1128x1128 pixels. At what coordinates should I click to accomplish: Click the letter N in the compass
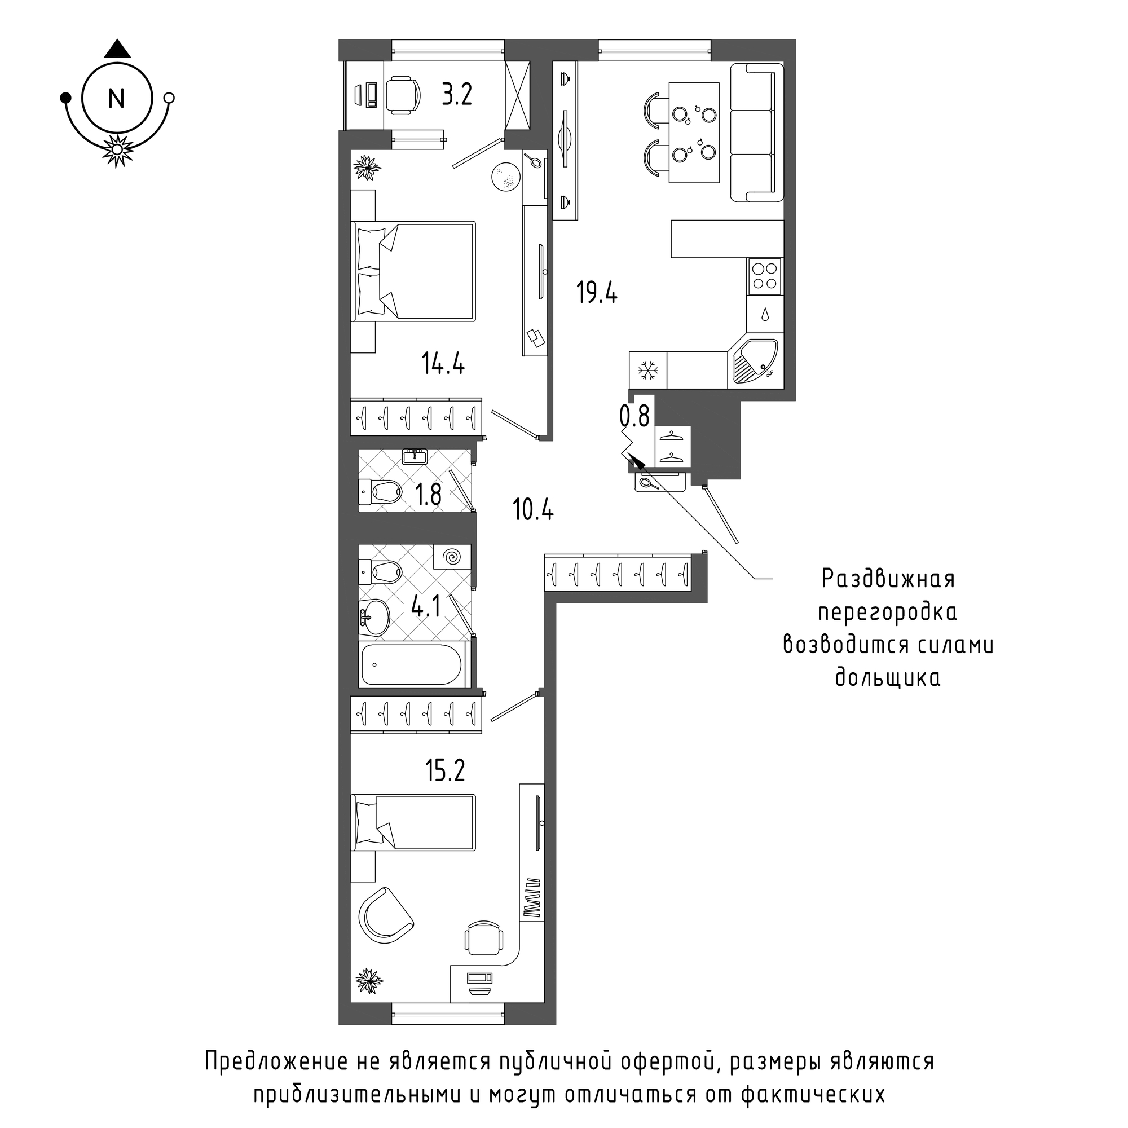(117, 99)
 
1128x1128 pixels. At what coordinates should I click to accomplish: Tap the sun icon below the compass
(117, 150)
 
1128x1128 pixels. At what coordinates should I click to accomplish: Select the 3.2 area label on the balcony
(457, 95)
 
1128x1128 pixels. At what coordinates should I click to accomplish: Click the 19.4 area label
(597, 293)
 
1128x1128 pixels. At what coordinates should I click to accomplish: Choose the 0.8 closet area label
(634, 416)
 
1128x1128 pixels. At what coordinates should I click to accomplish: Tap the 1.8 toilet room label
(429, 495)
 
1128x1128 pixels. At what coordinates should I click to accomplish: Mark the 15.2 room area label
(445, 770)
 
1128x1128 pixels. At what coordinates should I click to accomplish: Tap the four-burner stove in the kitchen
(765, 276)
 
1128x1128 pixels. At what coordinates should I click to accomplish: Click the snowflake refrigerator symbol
(647, 370)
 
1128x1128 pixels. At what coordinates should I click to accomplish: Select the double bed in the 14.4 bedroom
(413, 271)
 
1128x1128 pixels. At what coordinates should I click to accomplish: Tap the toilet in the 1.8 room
(380, 492)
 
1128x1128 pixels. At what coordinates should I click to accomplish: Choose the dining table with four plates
(694, 133)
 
